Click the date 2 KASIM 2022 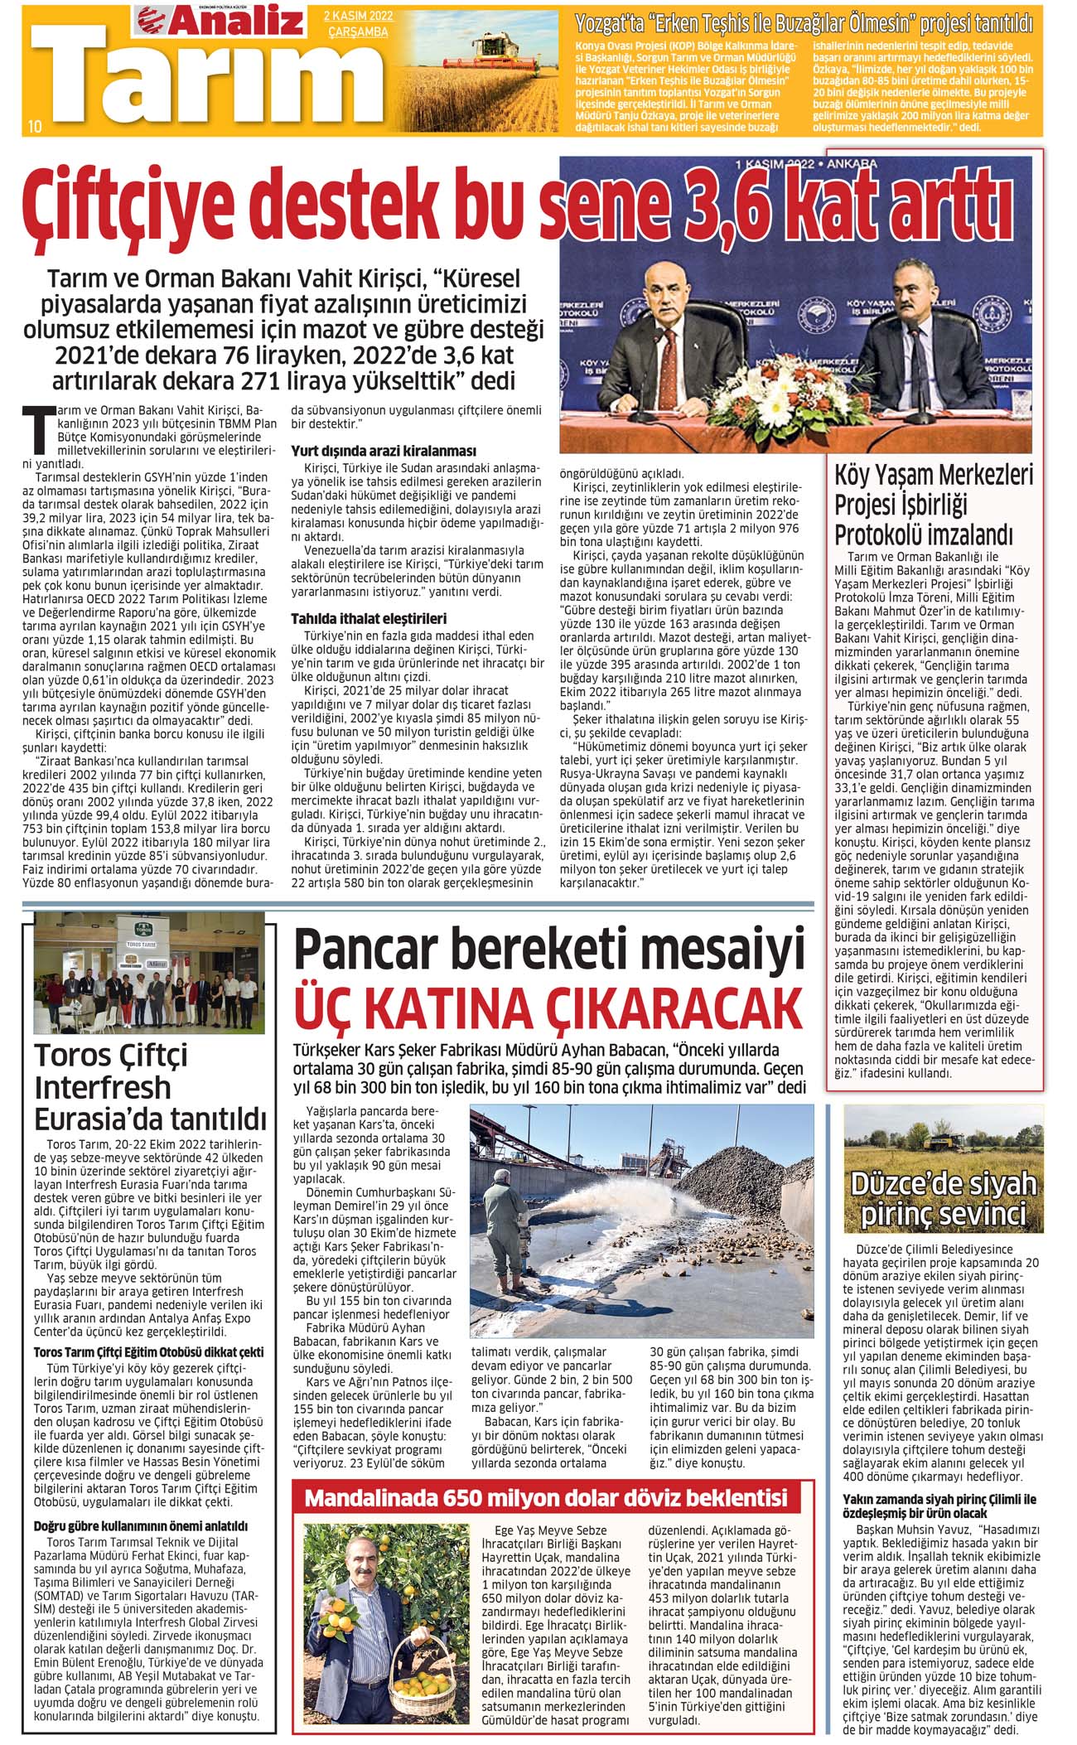(x=359, y=16)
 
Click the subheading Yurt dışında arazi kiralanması (x=384, y=452)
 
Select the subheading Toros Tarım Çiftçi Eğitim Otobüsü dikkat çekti (x=149, y=1352)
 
